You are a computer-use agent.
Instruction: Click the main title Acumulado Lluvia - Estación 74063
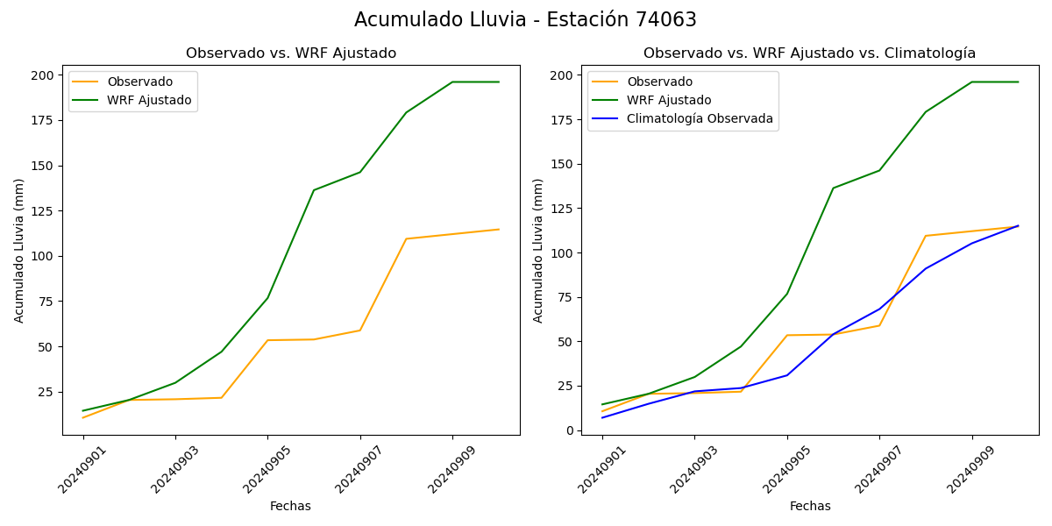[x=525, y=20]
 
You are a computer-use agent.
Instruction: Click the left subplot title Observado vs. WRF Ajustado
[x=290, y=53]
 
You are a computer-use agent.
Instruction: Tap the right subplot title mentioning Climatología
[x=809, y=53]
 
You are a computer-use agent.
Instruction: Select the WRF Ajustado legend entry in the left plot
[x=149, y=100]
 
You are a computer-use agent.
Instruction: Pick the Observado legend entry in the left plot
[x=139, y=82]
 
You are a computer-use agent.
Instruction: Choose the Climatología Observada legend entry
[x=700, y=119]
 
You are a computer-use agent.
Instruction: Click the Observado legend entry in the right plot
[x=659, y=82]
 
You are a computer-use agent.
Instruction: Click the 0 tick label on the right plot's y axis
[x=569, y=430]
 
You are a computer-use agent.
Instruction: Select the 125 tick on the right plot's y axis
[x=562, y=209]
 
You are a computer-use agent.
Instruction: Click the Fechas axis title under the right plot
[x=810, y=506]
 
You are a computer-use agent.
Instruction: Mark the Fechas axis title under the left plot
[x=290, y=506]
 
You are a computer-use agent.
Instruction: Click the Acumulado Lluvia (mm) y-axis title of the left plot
[x=19, y=250]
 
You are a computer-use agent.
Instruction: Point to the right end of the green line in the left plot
[x=499, y=82]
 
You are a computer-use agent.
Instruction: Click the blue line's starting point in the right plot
[x=602, y=417]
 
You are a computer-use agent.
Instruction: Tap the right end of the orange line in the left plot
[x=499, y=230]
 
